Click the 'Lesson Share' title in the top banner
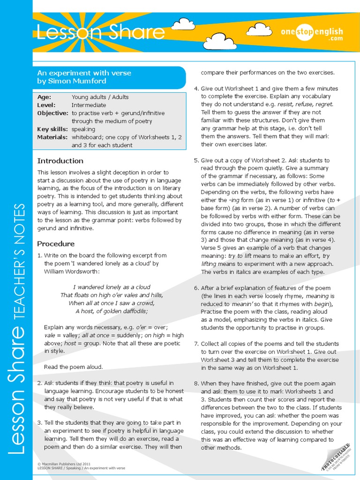(x=101, y=33)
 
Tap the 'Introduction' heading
(x=60, y=161)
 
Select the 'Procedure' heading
(x=56, y=244)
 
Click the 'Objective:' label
(x=52, y=113)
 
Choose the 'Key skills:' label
(x=52, y=129)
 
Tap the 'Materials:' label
(x=52, y=137)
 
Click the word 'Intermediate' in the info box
(x=89, y=105)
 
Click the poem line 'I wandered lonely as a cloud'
(x=112, y=287)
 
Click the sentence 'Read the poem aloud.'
(x=73, y=367)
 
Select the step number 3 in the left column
(x=39, y=423)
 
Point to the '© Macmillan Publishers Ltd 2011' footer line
(x=64, y=464)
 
